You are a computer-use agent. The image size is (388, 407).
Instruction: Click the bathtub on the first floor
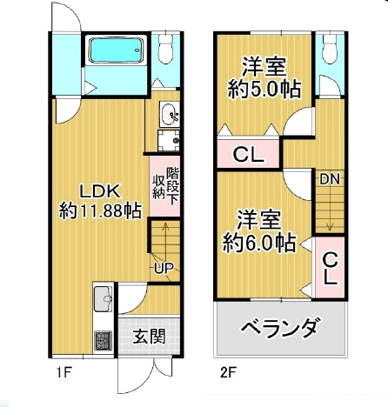(117, 51)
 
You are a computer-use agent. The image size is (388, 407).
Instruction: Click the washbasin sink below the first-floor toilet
(169, 112)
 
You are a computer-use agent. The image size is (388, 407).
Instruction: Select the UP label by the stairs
(163, 267)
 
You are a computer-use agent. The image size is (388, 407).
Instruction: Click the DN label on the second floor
(329, 180)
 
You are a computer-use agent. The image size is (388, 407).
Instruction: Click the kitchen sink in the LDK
(102, 299)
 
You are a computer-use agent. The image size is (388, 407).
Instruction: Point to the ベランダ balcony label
(281, 330)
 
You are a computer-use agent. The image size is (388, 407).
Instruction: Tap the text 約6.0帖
(258, 241)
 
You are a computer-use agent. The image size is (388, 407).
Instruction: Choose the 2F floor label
(228, 376)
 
